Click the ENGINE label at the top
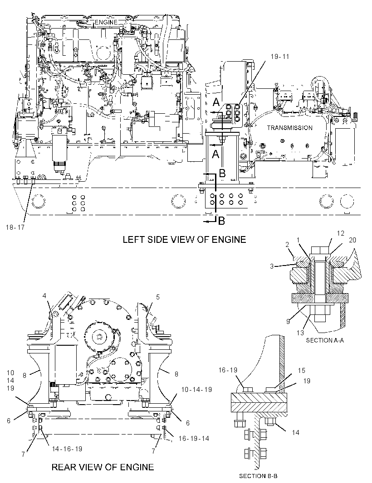[106, 22]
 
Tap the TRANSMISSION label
[289, 128]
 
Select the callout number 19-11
[280, 57]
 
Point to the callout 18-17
[15, 227]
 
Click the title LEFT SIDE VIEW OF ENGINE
[184, 239]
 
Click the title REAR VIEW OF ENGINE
[103, 467]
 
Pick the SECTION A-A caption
[325, 340]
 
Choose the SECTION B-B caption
[258, 476]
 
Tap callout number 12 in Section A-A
[341, 233]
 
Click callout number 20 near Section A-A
[352, 240]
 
